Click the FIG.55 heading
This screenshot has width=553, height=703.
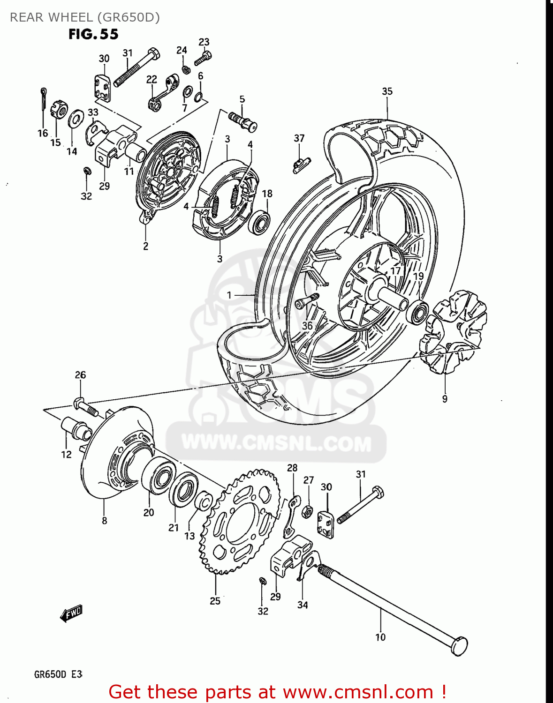[93, 34]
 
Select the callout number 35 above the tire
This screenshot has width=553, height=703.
[387, 91]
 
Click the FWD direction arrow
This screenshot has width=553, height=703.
[71, 613]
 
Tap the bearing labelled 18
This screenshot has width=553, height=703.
[260, 222]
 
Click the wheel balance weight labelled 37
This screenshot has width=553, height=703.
[301, 164]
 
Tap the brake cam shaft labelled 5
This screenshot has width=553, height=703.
[243, 120]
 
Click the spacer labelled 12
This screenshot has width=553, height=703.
[75, 427]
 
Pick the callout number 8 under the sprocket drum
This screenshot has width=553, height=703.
[104, 521]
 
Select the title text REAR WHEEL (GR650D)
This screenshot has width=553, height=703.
[85, 17]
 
